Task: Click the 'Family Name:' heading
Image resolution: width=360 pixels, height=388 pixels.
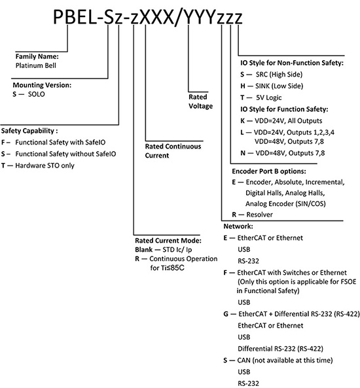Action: tap(37, 56)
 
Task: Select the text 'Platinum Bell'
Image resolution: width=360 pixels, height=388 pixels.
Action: tap(36, 65)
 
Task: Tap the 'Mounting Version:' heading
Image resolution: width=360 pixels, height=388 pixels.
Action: tap(42, 85)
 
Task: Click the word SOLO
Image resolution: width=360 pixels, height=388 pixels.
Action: tap(37, 94)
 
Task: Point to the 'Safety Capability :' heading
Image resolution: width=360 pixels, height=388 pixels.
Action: tap(29, 131)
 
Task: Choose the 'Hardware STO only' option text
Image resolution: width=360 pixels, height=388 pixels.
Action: tap(45, 166)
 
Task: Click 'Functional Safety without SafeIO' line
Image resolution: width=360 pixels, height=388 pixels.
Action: tap(65, 154)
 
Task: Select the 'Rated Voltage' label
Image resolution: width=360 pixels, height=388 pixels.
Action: tap(200, 101)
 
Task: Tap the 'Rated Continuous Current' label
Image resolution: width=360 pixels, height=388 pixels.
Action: tap(173, 151)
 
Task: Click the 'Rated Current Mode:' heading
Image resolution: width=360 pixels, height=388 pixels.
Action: tap(168, 241)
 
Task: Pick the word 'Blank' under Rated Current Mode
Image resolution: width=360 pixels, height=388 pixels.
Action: tap(143, 250)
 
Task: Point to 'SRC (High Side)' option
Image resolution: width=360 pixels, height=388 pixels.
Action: tap(279, 75)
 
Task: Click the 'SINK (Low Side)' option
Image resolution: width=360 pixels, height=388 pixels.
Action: tap(279, 86)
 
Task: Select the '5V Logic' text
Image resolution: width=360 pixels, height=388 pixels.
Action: tap(269, 97)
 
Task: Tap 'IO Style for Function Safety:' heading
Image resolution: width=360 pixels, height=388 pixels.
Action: tap(284, 109)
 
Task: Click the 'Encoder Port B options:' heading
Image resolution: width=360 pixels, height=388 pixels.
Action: tap(269, 171)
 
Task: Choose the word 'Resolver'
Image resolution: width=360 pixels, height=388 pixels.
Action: tap(259, 215)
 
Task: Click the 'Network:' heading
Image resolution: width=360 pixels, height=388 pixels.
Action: tap(238, 226)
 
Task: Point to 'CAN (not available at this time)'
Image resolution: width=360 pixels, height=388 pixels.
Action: tap(285, 361)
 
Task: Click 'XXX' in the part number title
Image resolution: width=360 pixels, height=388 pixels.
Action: tap(157, 17)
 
